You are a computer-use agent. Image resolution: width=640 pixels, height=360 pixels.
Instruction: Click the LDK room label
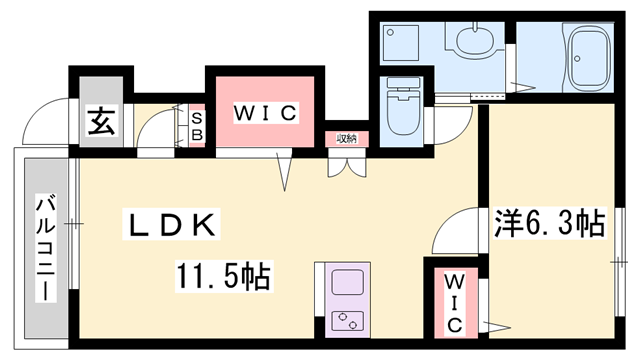[171, 226]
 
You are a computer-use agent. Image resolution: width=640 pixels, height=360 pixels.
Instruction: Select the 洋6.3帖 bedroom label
[549, 222]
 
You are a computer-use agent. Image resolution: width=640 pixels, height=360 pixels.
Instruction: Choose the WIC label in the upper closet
[265, 113]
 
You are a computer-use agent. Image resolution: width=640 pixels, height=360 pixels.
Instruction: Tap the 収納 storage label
[346, 138]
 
